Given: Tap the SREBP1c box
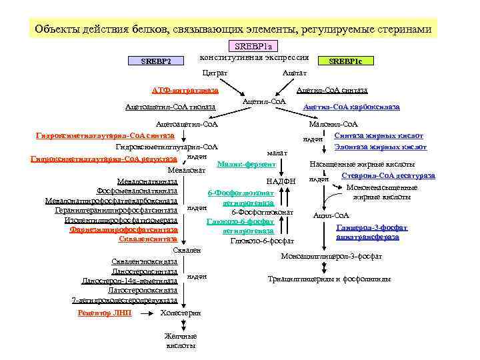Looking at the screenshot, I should tap(346, 61).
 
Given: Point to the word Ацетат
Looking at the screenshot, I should tap(295, 72).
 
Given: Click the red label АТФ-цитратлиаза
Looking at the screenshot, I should tap(184, 90).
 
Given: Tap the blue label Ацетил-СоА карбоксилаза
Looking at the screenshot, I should tap(351, 107).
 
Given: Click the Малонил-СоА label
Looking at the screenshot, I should tap(334, 124).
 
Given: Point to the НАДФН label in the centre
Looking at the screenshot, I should tap(280, 181).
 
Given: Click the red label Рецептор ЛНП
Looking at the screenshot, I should tap(105, 312).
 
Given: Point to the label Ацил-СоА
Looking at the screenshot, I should tap(331, 215).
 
